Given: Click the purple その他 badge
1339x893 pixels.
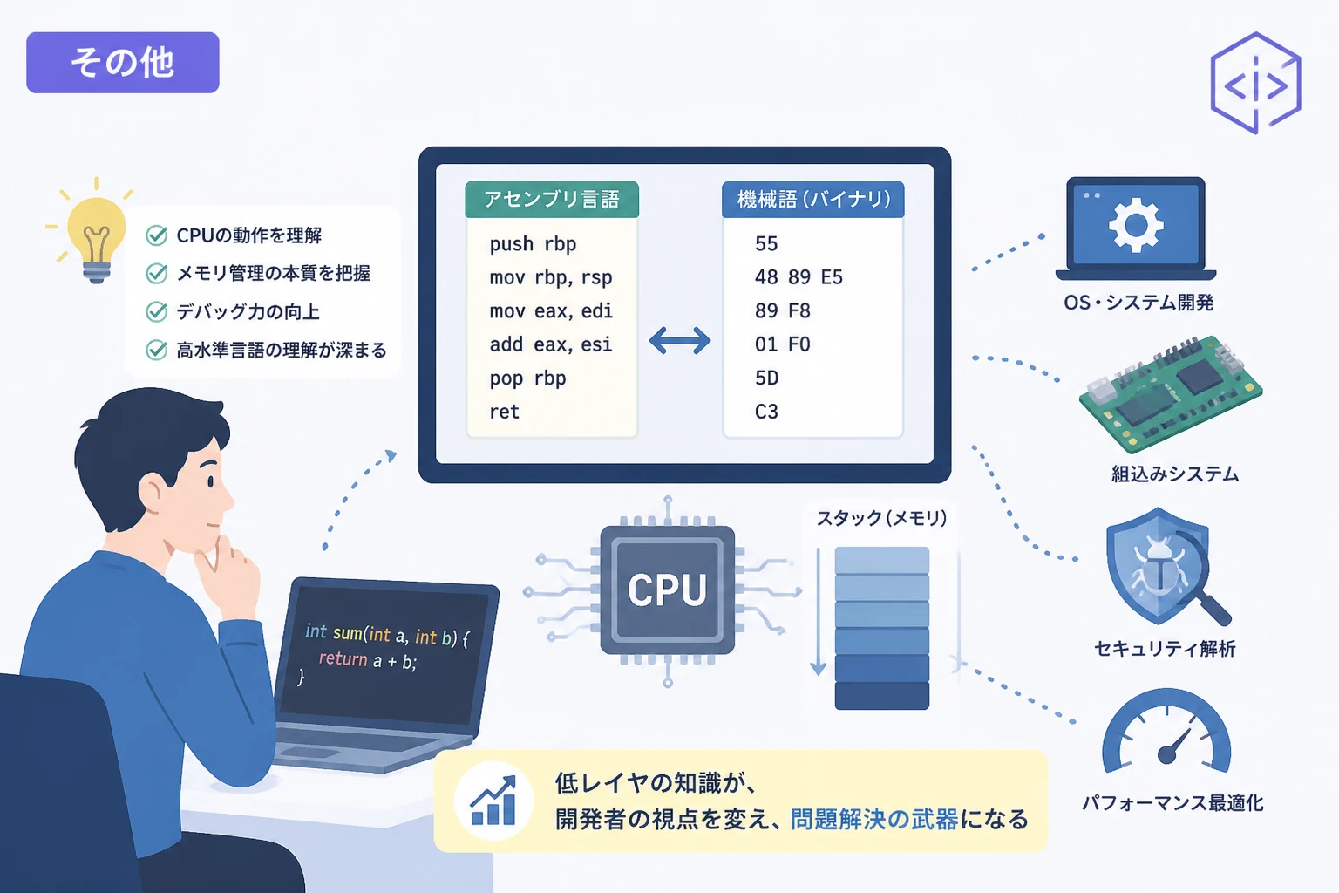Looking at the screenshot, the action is click(123, 62).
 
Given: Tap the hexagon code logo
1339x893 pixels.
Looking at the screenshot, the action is click(1255, 83).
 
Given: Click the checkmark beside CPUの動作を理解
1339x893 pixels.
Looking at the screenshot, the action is click(157, 235).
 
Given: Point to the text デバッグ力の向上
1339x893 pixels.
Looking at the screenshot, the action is click(248, 311).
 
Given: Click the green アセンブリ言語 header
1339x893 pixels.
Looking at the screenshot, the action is click(552, 199).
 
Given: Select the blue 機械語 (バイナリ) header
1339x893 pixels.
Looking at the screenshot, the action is click(813, 199).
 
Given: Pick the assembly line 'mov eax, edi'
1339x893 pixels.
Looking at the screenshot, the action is click(551, 311).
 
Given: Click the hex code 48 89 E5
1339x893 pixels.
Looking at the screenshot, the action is click(799, 277).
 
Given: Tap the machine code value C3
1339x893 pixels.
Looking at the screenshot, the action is click(766, 412).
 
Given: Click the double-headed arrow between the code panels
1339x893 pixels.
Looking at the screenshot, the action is click(680, 341).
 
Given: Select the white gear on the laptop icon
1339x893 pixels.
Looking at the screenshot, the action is click(1136, 225).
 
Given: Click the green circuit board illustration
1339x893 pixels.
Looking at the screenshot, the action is click(1171, 393).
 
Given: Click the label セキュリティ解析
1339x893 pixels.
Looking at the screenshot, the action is click(1165, 648).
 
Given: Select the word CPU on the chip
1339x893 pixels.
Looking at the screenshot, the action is click(667, 590).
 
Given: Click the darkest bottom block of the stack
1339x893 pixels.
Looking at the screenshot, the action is click(881, 696).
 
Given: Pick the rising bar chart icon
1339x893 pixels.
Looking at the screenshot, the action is click(493, 801).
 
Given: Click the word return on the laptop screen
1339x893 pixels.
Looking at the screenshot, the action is click(343, 658).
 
